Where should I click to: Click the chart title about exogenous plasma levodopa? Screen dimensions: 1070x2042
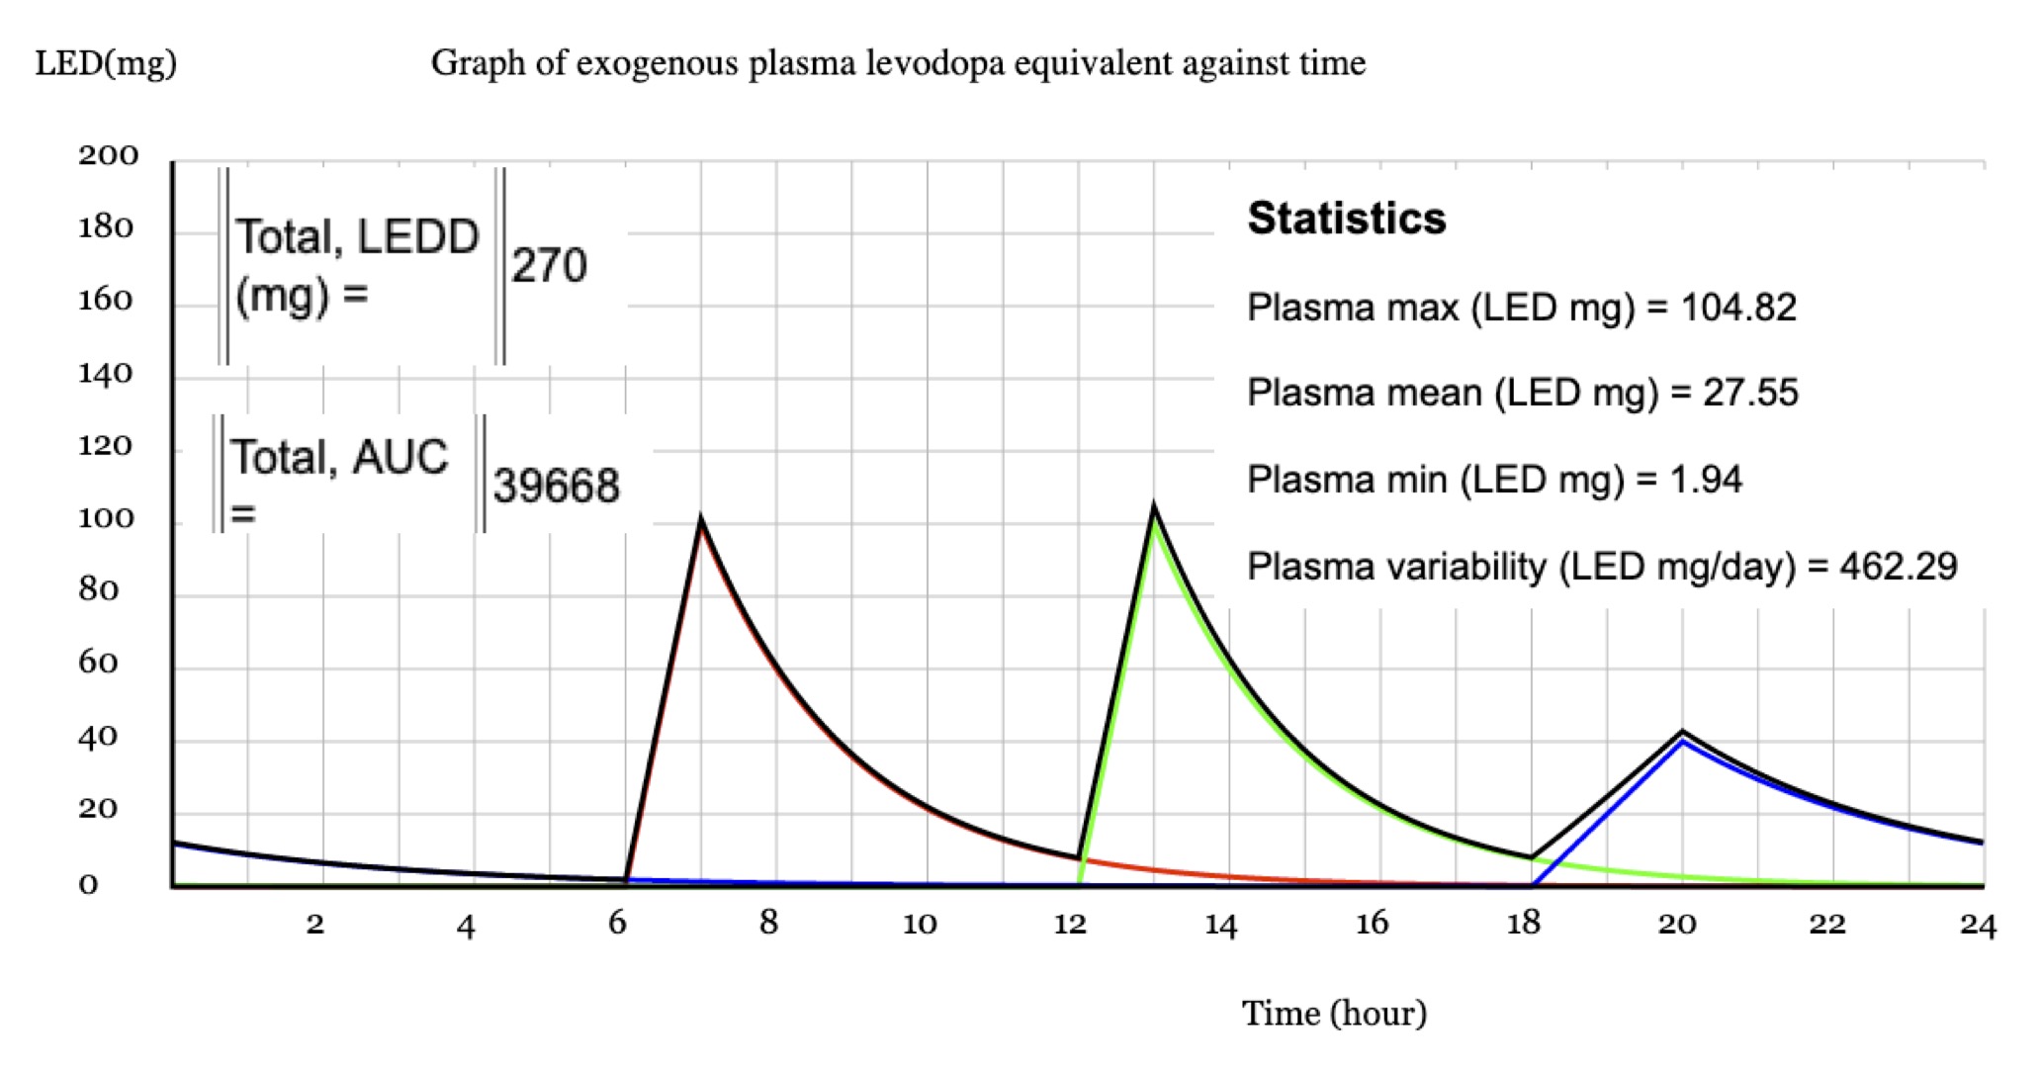click(x=898, y=63)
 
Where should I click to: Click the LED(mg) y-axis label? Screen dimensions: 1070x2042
click(x=106, y=63)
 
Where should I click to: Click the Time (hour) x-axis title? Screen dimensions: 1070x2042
click(x=1334, y=1013)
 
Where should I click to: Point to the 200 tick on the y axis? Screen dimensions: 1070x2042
click(x=109, y=156)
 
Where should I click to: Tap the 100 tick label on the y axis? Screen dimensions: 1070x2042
click(x=106, y=518)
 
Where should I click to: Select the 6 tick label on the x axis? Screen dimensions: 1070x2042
click(x=617, y=923)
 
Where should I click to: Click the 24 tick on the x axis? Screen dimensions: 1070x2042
click(x=1978, y=925)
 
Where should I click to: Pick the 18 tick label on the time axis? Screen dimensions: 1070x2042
click(x=1523, y=923)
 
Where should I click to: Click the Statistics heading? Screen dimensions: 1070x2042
click(x=1346, y=219)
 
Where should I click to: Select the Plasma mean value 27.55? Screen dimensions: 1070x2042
click(x=1750, y=393)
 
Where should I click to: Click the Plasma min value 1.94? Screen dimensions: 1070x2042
click(x=1706, y=480)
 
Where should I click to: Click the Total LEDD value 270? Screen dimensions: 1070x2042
click(x=549, y=265)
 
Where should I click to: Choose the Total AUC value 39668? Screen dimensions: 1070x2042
click(x=557, y=486)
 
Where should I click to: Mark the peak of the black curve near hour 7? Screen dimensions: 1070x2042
click(x=701, y=519)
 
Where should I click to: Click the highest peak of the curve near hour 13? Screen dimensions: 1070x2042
click(x=1154, y=508)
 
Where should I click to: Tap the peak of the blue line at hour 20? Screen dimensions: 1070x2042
click(x=1682, y=742)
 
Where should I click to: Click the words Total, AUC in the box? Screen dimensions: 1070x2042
click(x=339, y=457)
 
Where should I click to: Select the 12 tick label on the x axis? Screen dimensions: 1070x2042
click(x=1070, y=924)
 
